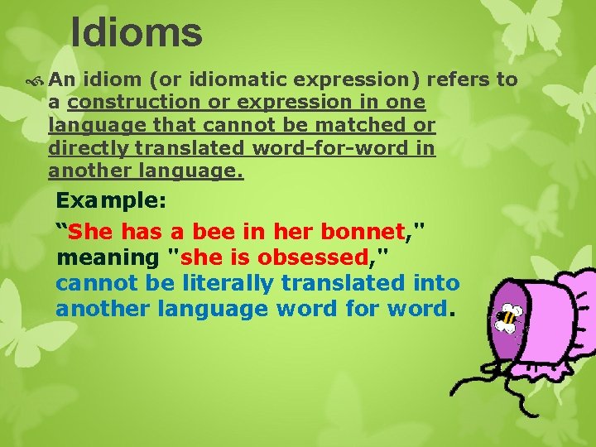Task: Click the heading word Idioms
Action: coord(137,33)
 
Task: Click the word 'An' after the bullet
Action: coord(62,79)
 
